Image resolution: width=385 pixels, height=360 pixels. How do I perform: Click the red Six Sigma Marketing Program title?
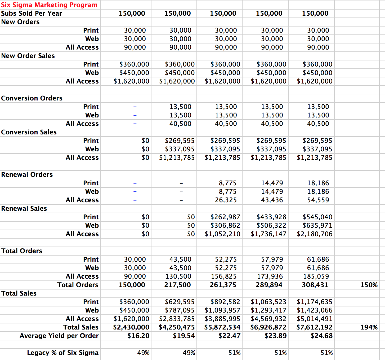tap(49, 5)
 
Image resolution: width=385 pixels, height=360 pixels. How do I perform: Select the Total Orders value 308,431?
tap(315, 285)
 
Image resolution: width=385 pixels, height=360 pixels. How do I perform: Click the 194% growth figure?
tap(369, 327)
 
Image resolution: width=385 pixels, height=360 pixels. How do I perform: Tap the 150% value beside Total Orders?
tap(369, 285)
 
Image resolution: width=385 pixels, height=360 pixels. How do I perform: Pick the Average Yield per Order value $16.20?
tap(138, 336)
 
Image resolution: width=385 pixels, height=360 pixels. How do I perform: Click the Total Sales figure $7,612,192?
tap(314, 327)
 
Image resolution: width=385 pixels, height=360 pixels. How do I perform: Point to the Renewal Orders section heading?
tap(27, 174)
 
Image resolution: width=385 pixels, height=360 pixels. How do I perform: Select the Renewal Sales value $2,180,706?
tap(314, 234)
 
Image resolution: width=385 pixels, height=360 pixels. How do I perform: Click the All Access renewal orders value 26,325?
tap(226, 200)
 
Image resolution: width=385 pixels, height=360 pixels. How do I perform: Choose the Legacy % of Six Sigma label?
tap(63, 353)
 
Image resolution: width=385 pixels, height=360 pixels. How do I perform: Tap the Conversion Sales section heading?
tap(29, 132)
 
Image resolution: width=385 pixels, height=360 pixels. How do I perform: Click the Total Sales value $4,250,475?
tap(177, 327)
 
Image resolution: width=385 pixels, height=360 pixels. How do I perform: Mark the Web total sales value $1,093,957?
tap(222, 310)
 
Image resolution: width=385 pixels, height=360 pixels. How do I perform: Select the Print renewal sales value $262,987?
tap(225, 217)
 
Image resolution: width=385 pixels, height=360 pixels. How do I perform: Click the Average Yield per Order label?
tap(59, 336)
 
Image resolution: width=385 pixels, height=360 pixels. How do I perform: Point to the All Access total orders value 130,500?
tap(178, 276)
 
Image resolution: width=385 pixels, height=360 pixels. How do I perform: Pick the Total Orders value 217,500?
tap(177, 285)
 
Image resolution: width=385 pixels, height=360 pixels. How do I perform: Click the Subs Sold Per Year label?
tap(32, 13)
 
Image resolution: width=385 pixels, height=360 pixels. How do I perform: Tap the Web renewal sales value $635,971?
tap(317, 225)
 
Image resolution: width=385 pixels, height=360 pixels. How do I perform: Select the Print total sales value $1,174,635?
tap(314, 302)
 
